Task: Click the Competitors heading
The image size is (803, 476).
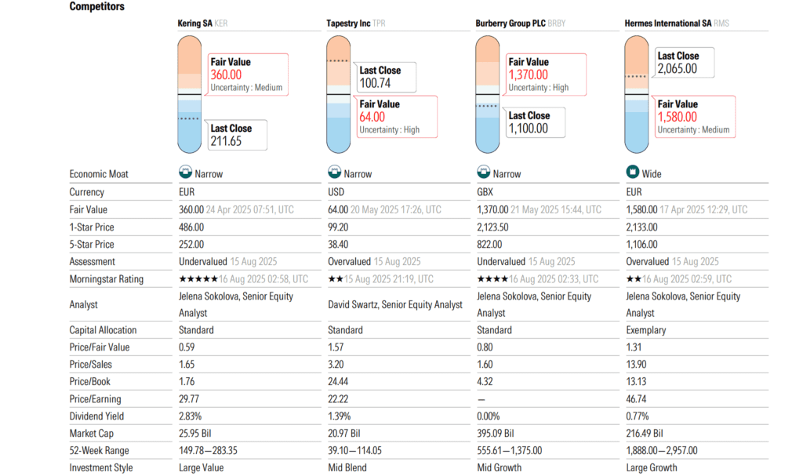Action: pyautogui.click(x=96, y=6)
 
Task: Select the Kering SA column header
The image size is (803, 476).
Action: pyautogui.click(x=195, y=24)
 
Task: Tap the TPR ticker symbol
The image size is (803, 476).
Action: pyautogui.click(x=379, y=24)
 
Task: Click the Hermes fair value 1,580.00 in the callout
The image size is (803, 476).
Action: pyautogui.click(x=678, y=117)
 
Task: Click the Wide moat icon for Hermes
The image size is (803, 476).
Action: pyautogui.click(x=631, y=173)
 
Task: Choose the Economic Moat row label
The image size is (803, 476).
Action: pyautogui.click(x=99, y=174)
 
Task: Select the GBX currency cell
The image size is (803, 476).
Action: pyautogui.click(x=487, y=192)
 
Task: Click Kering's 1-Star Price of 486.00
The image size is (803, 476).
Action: pyautogui.click(x=191, y=227)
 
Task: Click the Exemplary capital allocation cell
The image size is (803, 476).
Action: pyautogui.click(x=646, y=330)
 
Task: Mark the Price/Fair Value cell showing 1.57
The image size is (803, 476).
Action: pyautogui.click(x=336, y=347)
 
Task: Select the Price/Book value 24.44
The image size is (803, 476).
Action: pyautogui.click(x=338, y=382)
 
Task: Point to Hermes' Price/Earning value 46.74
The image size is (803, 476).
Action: pyautogui.click(x=638, y=399)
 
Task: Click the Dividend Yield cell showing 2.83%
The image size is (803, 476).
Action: pyautogui.click(x=192, y=416)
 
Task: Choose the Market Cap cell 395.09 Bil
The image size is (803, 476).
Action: pyautogui.click(x=498, y=434)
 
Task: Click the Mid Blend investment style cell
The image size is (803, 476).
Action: pyautogui.click(x=345, y=468)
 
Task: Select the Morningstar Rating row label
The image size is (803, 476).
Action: pyautogui.click(x=106, y=279)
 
